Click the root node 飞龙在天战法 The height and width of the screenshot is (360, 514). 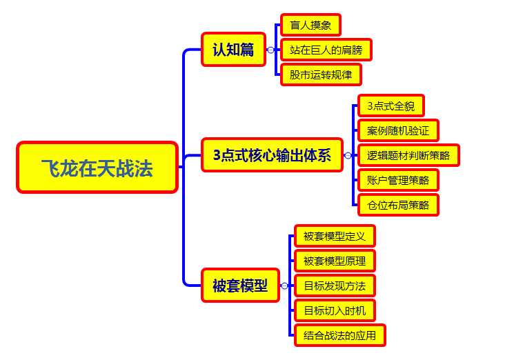pyautogui.click(x=97, y=168)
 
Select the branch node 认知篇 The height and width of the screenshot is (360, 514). pyautogui.click(x=233, y=50)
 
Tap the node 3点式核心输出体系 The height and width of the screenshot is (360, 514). pyautogui.click(x=272, y=155)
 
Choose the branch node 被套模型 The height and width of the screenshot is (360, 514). pyautogui.click(x=240, y=286)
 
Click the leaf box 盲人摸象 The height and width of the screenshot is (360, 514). pyautogui.click(x=310, y=26)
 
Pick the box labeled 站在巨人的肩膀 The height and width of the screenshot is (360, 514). pyautogui.click(x=326, y=50)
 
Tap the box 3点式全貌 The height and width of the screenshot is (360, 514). pyautogui.click(x=391, y=106)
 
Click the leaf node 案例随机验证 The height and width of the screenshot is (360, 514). pyautogui.click(x=398, y=130)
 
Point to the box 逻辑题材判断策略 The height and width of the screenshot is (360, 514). pyautogui.click(x=408, y=155)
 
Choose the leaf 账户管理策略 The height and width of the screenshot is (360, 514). pyautogui.click(x=398, y=180)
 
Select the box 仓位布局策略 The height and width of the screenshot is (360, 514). pyautogui.click(x=398, y=205)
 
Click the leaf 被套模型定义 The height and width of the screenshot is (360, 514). pyautogui.click(x=335, y=237)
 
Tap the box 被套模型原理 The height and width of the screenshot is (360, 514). pyautogui.click(x=335, y=261)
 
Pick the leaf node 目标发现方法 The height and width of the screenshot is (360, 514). pyautogui.click(x=335, y=286)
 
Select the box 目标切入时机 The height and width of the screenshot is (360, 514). pyautogui.click(x=335, y=310)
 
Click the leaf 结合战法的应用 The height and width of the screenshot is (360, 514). pyautogui.click(x=339, y=336)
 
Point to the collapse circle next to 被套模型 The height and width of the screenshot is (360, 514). pyautogui.click(x=284, y=286)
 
